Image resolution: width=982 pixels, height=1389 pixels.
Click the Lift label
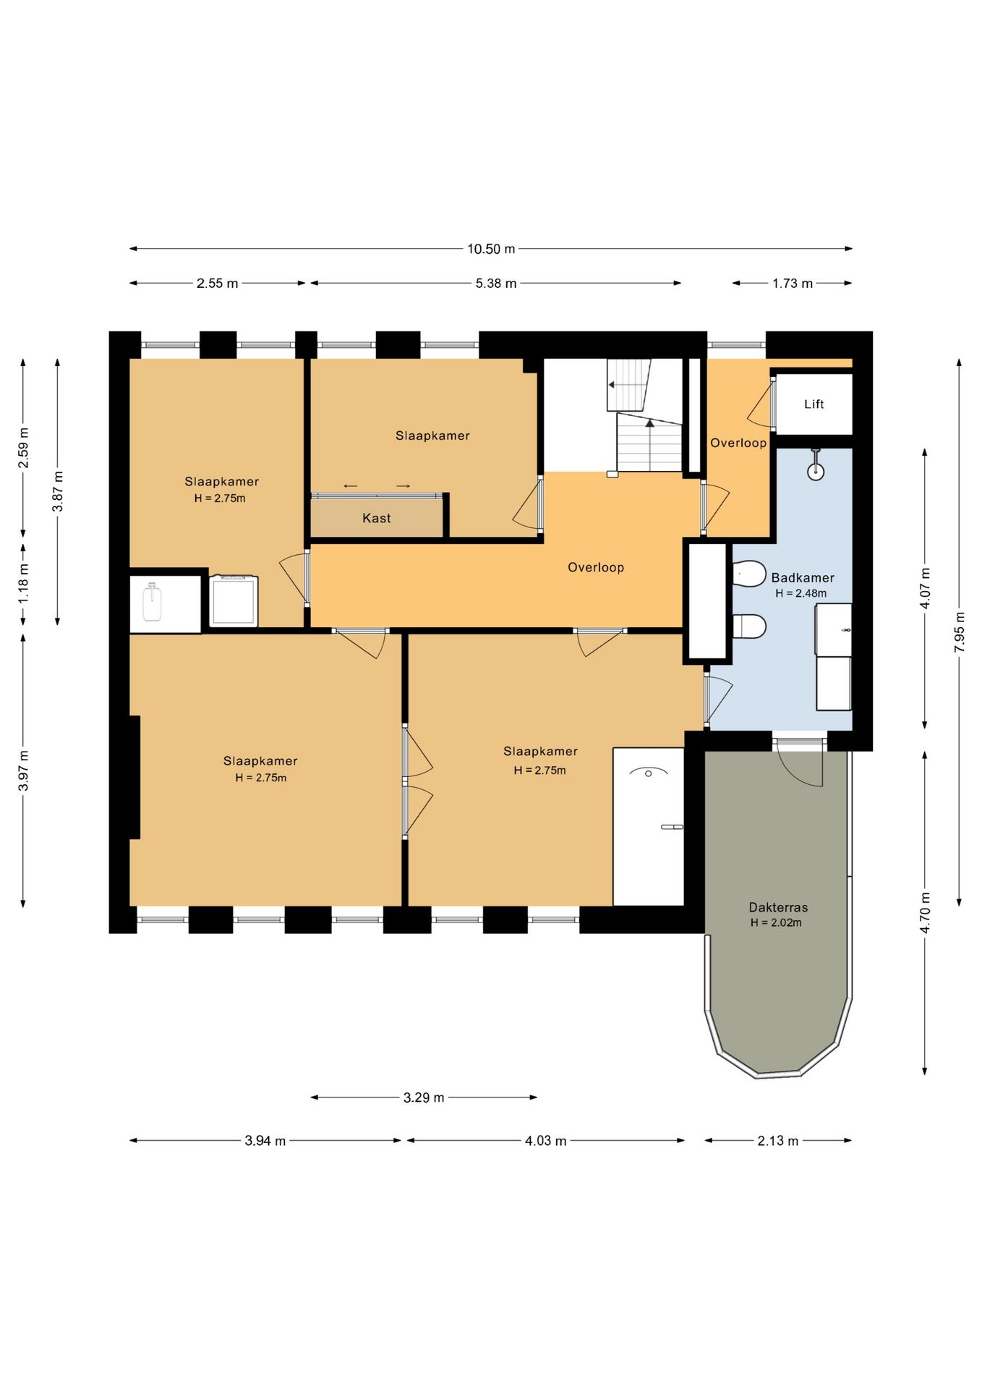click(814, 404)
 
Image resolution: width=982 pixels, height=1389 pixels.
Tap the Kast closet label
click(377, 518)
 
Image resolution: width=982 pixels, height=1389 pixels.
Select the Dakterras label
click(778, 907)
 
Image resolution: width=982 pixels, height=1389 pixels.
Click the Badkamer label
click(803, 577)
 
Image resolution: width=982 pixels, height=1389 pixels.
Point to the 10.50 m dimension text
click(491, 249)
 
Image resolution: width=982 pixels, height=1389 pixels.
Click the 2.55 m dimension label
click(217, 284)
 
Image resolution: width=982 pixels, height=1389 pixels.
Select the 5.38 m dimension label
click(496, 284)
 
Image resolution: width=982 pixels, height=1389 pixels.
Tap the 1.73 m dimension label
click(793, 284)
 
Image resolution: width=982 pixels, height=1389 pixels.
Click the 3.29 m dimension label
click(424, 1097)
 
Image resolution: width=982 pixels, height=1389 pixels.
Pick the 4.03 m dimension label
click(546, 1141)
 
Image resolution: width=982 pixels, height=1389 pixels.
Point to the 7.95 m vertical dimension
click(960, 632)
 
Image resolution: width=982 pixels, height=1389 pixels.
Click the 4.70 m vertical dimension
click(925, 913)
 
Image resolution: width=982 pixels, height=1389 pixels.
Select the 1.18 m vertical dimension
click(23, 585)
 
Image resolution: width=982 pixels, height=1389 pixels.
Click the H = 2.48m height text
click(801, 593)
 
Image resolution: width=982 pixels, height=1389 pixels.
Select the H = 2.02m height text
click(776, 922)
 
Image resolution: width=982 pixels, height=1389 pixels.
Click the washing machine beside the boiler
click(234, 600)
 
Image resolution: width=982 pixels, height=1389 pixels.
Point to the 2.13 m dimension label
click(778, 1141)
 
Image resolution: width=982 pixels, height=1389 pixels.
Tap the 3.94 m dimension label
click(265, 1141)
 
